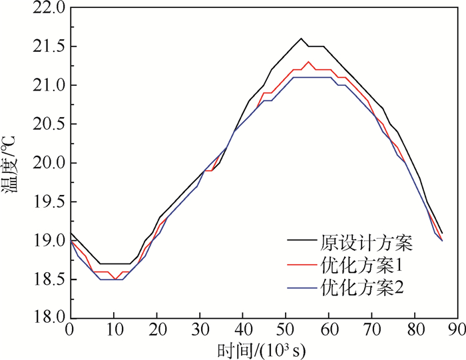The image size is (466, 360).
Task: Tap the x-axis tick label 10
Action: click(113, 329)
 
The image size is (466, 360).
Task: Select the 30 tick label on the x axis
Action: click(199, 329)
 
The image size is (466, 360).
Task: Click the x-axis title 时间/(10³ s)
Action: click(264, 348)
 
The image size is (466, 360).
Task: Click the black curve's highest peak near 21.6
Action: click(301, 39)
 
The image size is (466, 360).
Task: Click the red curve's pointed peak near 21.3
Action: click(309, 62)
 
